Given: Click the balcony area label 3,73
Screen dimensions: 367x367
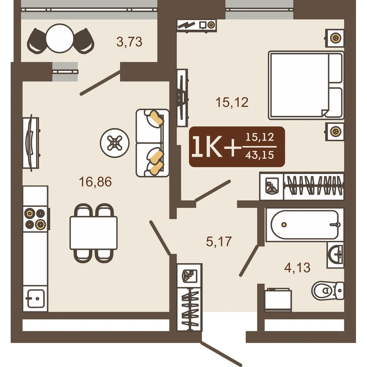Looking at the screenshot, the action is (129, 42).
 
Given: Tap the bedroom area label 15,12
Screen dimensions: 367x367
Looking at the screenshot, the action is (232, 102).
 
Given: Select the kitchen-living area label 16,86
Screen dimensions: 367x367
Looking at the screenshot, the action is (95, 182).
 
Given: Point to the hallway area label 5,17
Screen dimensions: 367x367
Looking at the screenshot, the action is (219, 241).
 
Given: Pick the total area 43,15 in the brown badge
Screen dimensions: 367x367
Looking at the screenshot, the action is (259, 155).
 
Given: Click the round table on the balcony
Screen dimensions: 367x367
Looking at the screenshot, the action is (60, 39).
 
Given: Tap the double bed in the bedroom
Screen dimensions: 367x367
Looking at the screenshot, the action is (306, 85).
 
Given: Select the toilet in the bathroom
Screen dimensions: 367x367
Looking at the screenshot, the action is (328, 290).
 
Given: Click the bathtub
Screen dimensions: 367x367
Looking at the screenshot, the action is (305, 225).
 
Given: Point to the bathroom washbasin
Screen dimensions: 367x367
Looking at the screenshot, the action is (335, 255).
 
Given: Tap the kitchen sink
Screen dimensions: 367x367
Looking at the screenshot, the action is (36, 298).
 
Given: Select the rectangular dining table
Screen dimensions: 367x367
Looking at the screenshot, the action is (94, 233).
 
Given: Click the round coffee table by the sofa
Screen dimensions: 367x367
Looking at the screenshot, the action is (115, 143).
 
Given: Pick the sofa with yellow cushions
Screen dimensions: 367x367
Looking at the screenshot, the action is (152, 143).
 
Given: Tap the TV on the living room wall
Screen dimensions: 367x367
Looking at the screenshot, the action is (31, 143).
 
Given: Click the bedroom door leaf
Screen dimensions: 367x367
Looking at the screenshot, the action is (212, 191).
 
